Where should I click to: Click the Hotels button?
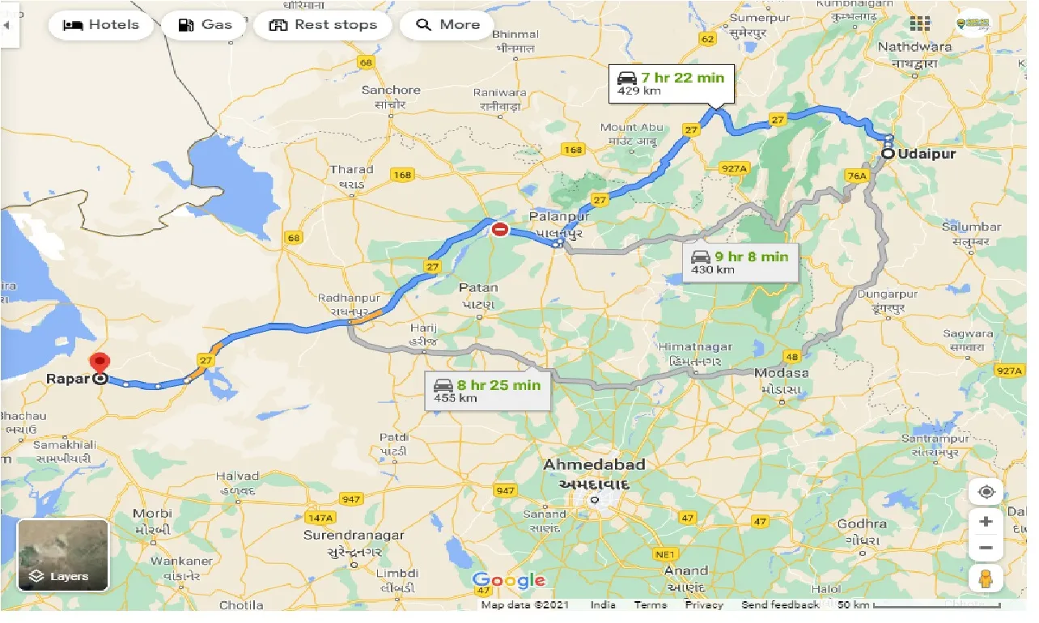click(101, 25)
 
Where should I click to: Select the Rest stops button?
click(323, 25)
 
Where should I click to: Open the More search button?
click(447, 25)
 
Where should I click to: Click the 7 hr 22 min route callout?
click(671, 83)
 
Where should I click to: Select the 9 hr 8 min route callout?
click(740, 262)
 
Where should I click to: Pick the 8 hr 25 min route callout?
click(487, 390)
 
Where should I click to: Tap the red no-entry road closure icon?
click(500, 230)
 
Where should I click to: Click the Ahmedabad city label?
click(594, 464)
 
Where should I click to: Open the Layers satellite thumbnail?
click(63, 555)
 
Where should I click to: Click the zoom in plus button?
click(985, 522)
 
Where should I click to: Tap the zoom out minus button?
click(985, 548)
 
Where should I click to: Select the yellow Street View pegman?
click(985, 579)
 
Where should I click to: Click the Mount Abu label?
click(632, 127)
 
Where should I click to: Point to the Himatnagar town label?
click(695, 346)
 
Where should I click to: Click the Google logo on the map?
click(508, 580)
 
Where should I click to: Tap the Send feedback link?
click(779, 605)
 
